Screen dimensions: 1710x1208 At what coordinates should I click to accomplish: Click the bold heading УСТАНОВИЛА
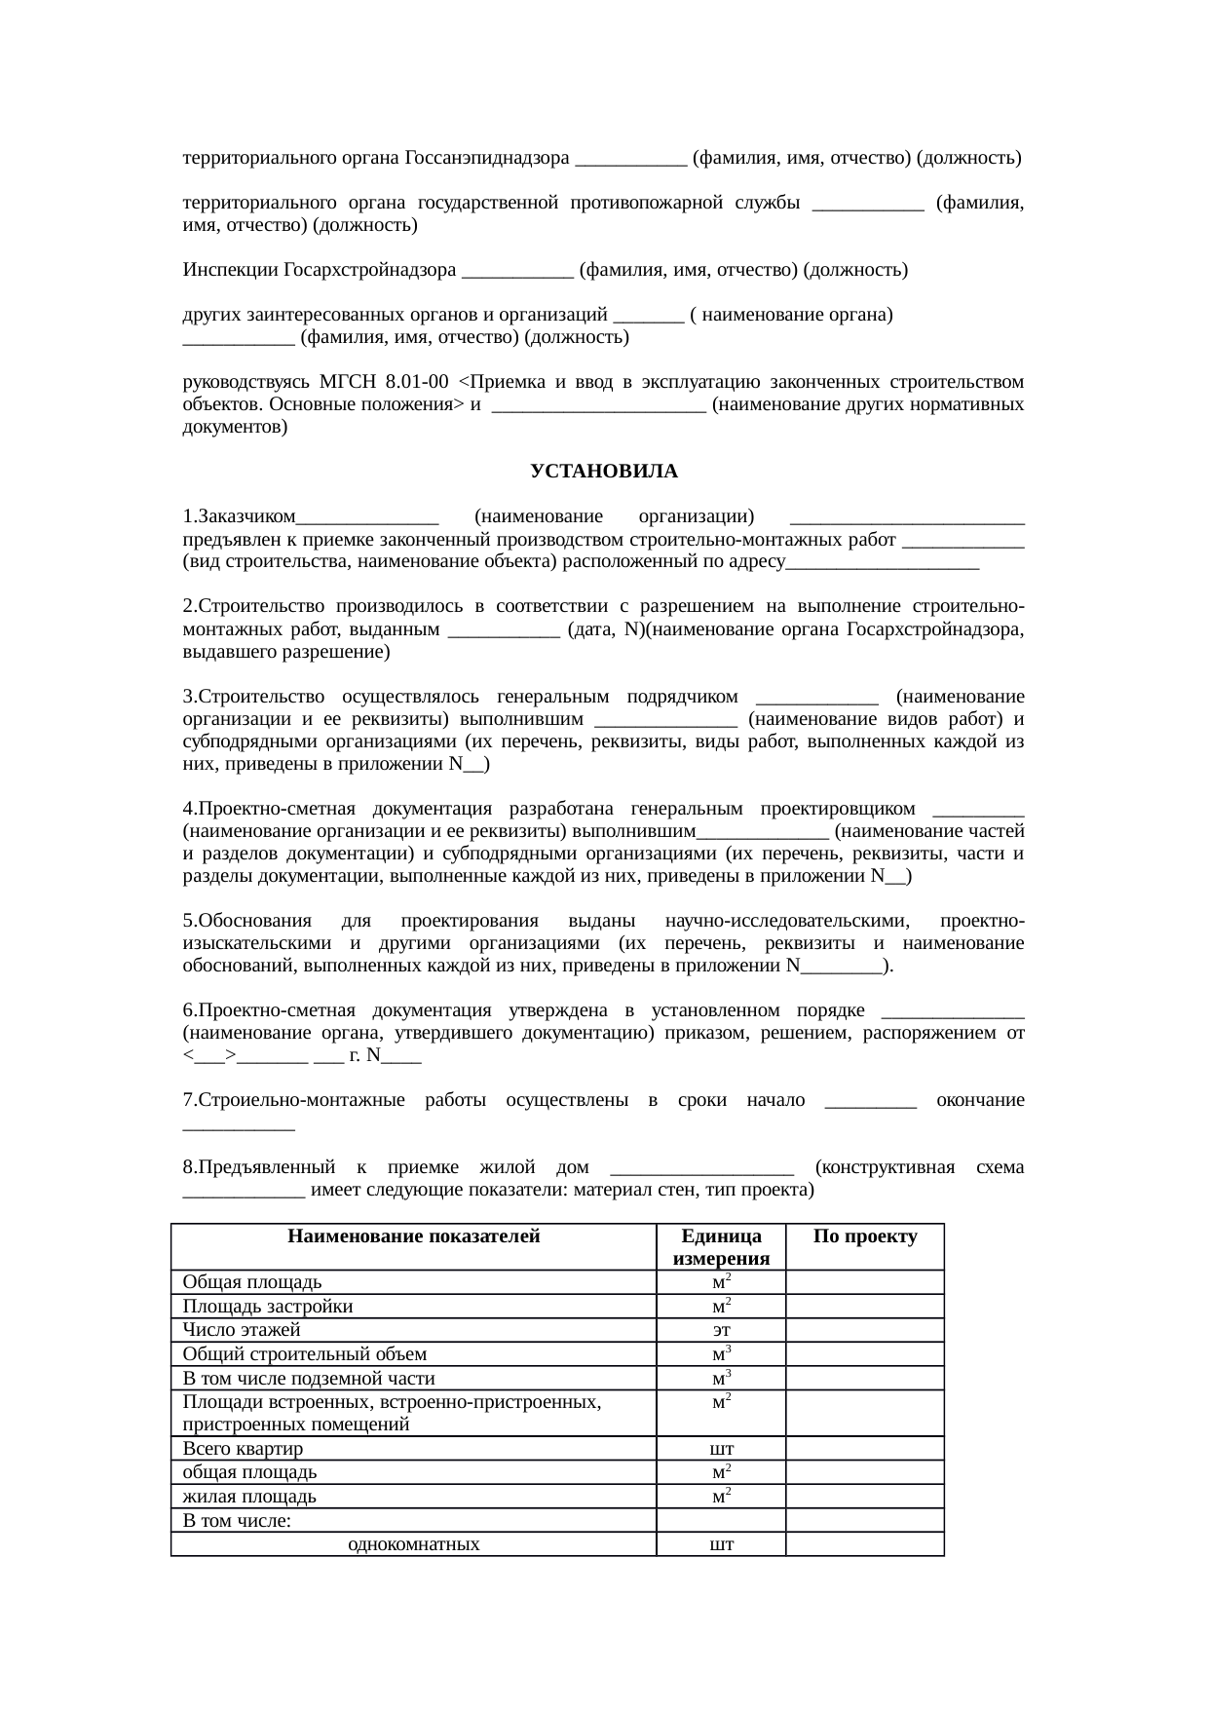pyautogui.click(x=603, y=472)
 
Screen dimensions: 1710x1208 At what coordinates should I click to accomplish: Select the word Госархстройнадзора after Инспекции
pyautogui.click(x=370, y=270)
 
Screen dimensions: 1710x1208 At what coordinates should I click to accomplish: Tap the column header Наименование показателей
pyautogui.click(x=413, y=1237)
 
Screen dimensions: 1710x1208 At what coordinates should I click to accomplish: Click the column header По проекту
pyautogui.click(x=865, y=1237)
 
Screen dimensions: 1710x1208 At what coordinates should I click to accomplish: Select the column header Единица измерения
pyautogui.click(x=721, y=1247)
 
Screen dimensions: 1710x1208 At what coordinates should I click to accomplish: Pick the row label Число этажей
pyautogui.click(x=242, y=1330)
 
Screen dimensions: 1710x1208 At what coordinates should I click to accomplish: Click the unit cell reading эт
pyautogui.click(x=722, y=1330)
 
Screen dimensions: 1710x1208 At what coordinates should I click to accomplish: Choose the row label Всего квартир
pyautogui.click(x=243, y=1449)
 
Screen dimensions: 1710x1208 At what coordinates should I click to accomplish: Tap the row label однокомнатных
pyautogui.click(x=413, y=1544)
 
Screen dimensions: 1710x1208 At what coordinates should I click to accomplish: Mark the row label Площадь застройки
pyautogui.click(x=268, y=1307)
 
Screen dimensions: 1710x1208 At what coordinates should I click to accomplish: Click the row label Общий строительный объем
pyautogui.click(x=304, y=1354)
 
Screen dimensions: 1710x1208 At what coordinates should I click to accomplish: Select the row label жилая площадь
pyautogui.click(x=249, y=1497)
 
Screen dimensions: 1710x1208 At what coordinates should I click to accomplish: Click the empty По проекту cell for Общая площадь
pyautogui.click(x=865, y=1282)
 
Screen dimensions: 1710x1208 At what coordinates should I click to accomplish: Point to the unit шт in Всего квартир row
pyautogui.click(x=722, y=1449)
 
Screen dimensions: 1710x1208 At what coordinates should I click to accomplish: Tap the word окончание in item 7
pyautogui.click(x=979, y=1101)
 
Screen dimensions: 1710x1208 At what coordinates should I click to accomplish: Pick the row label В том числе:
pyautogui.click(x=237, y=1520)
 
